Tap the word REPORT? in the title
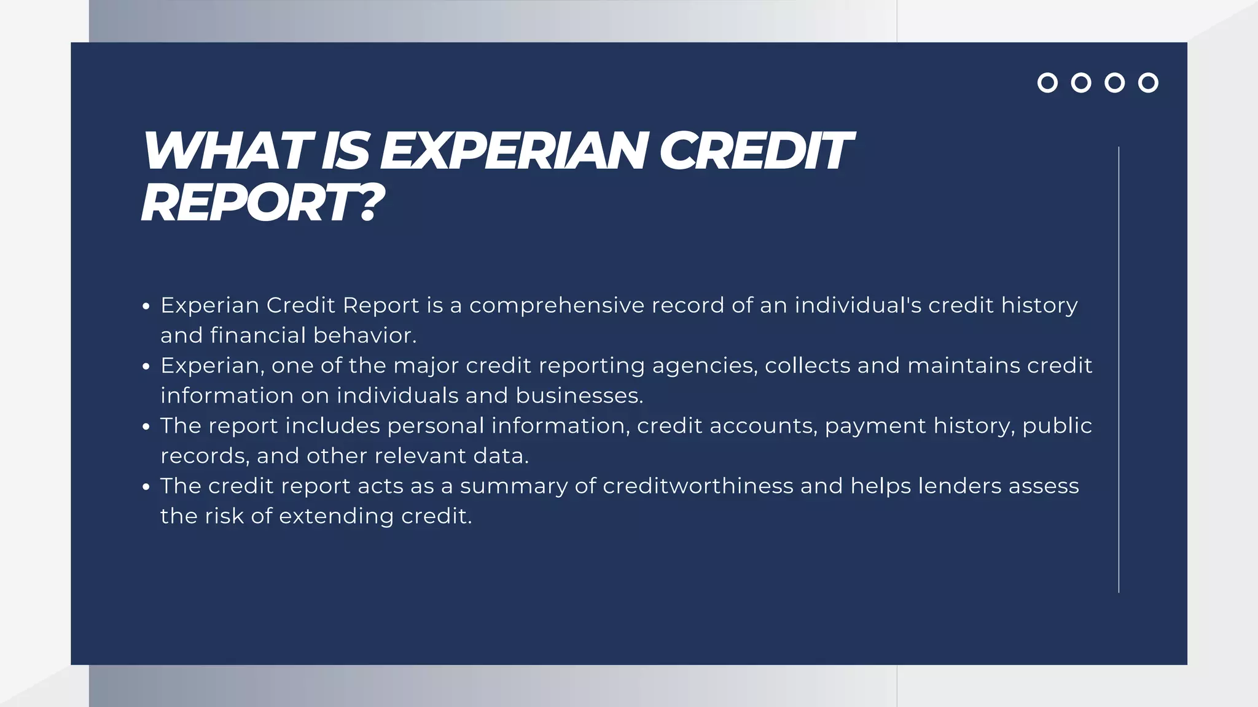tap(262, 203)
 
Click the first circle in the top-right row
tap(1047, 83)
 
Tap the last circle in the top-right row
tap(1147, 83)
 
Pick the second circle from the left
tap(1081, 83)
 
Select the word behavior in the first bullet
tap(364, 335)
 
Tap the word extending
tap(337, 516)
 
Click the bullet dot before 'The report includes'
tap(146, 427)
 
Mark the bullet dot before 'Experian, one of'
tap(146, 366)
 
